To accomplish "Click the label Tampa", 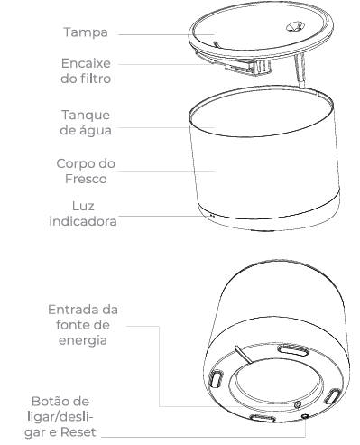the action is (x=86, y=32).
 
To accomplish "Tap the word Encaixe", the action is (x=86, y=63).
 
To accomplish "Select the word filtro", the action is (x=95, y=79).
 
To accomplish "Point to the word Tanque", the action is (x=86, y=116).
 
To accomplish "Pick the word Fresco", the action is (x=86, y=179).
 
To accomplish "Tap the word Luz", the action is (x=83, y=206).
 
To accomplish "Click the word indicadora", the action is (x=83, y=221).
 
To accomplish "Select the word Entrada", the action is (x=74, y=310).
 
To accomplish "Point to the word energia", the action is (x=83, y=340).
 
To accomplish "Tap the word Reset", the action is (x=78, y=432).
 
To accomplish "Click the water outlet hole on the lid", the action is (x=294, y=27).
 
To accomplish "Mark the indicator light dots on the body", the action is (x=212, y=216).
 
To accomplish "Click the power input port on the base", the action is (x=298, y=405).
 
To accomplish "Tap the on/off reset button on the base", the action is (x=305, y=416).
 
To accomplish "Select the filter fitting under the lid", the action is (x=248, y=66).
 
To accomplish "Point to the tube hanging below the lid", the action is (x=300, y=71).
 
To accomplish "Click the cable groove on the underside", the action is (x=245, y=355).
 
